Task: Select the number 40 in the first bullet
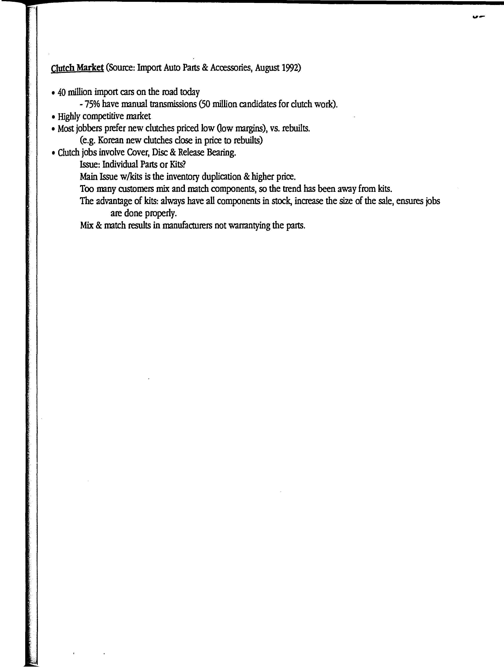[x=62, y=92]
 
